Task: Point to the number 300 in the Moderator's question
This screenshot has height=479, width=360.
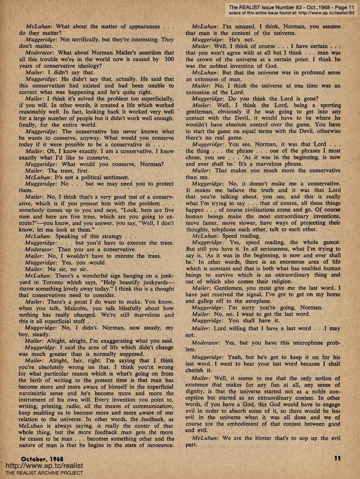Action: tap(169, 59)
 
